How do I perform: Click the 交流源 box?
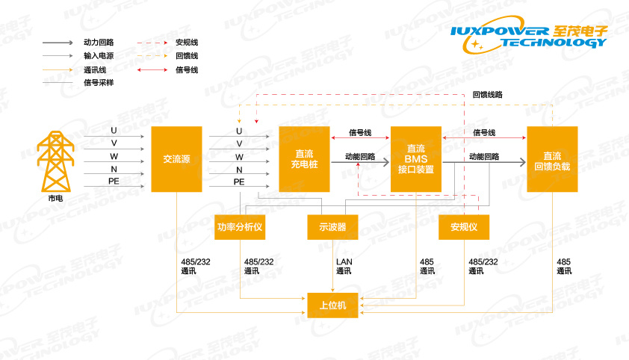(176, 159)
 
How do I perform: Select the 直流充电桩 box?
(304, 159)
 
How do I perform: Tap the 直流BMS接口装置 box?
(416, 159)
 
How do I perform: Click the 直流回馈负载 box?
(552, 159)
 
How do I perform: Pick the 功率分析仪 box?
(240, 227)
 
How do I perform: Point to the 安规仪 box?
(463, 227)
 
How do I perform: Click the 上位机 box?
(332, 304)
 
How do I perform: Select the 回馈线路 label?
(488, 95)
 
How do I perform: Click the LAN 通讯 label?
(344, 266)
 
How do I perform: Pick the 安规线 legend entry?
(187, 43)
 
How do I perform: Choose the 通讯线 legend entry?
(94, 69)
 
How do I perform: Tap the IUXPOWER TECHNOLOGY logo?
(530, 37)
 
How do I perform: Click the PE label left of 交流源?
(114, 181)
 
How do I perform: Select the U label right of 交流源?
(239, 131)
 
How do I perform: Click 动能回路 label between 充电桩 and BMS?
(360, 157)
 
